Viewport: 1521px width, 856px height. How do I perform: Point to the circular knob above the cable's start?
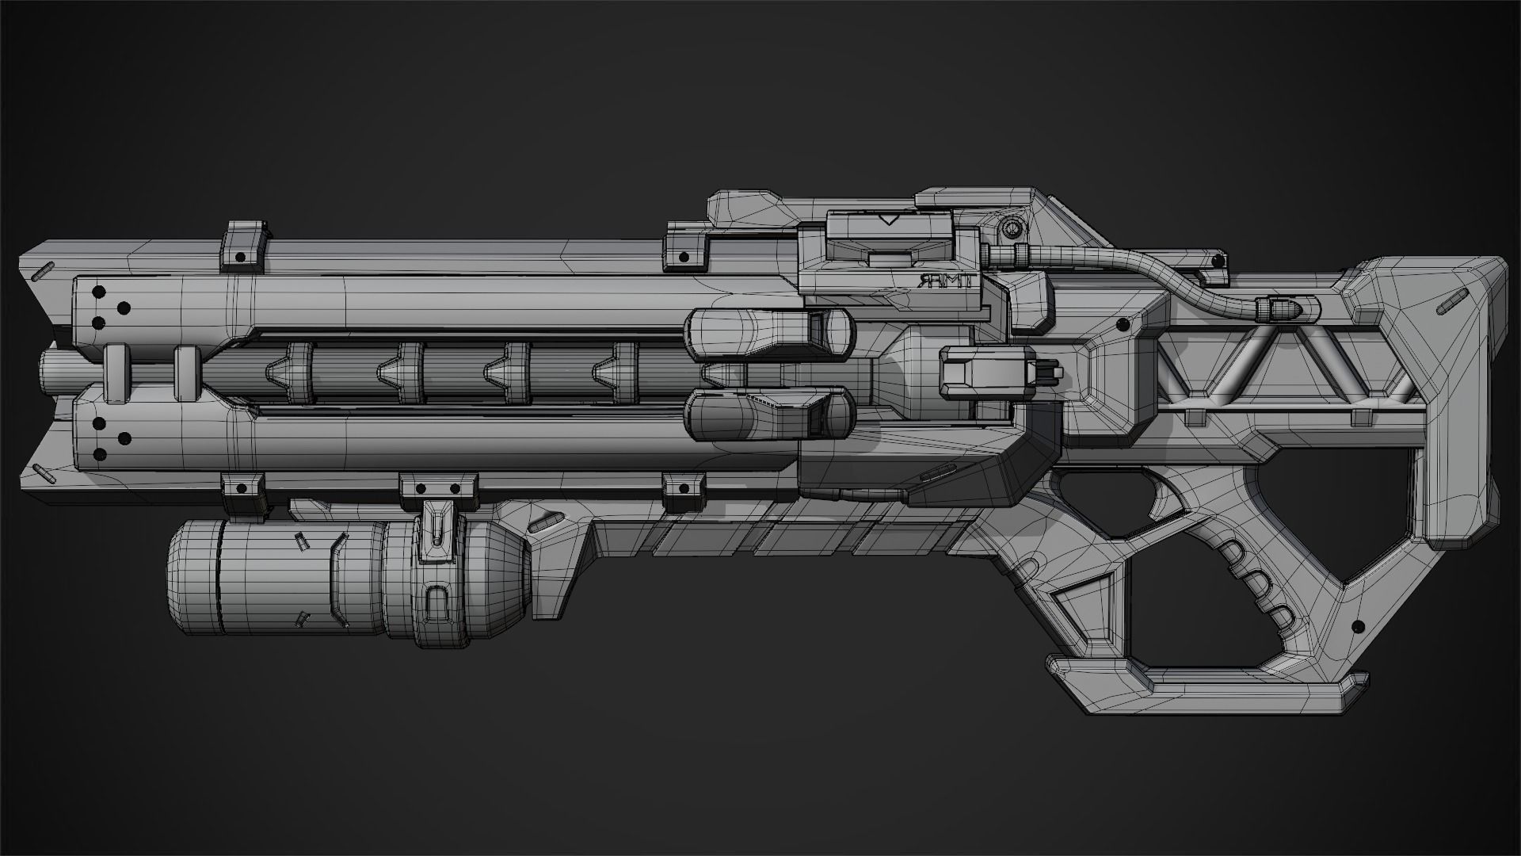(1012, 228)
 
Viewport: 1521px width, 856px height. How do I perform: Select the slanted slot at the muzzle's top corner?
(44, 269)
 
